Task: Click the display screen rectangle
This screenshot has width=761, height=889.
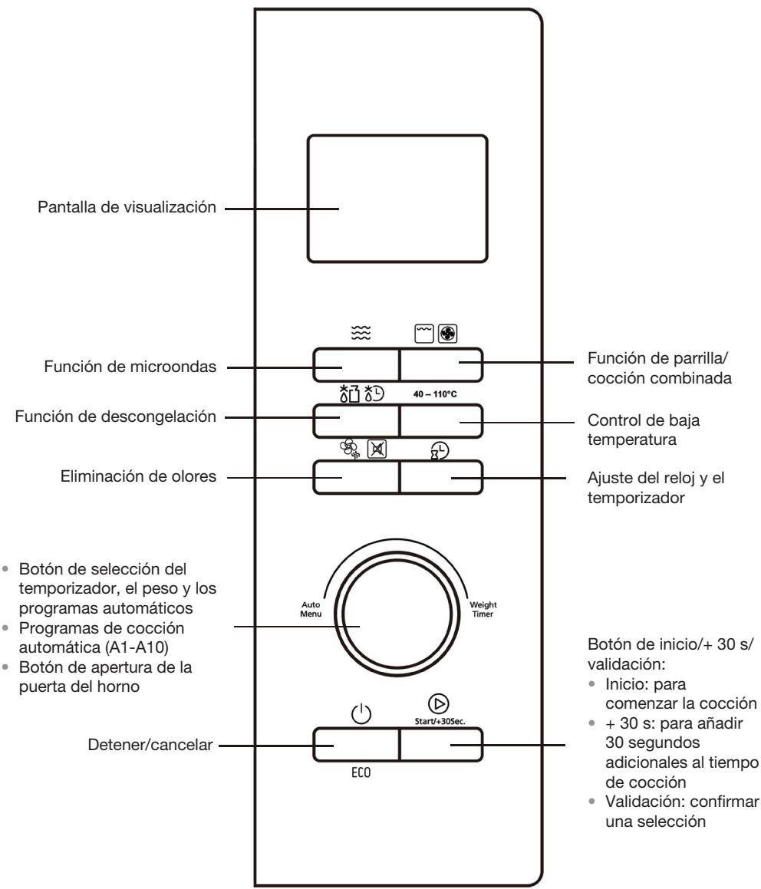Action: point(397,199)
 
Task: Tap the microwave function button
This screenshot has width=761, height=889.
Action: point(355,366)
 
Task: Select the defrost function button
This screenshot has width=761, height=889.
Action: point(355,421)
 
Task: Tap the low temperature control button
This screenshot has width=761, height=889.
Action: point(441,421)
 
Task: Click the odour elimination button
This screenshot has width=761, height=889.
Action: point(355,477)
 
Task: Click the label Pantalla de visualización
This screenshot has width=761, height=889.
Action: point(126,208)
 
